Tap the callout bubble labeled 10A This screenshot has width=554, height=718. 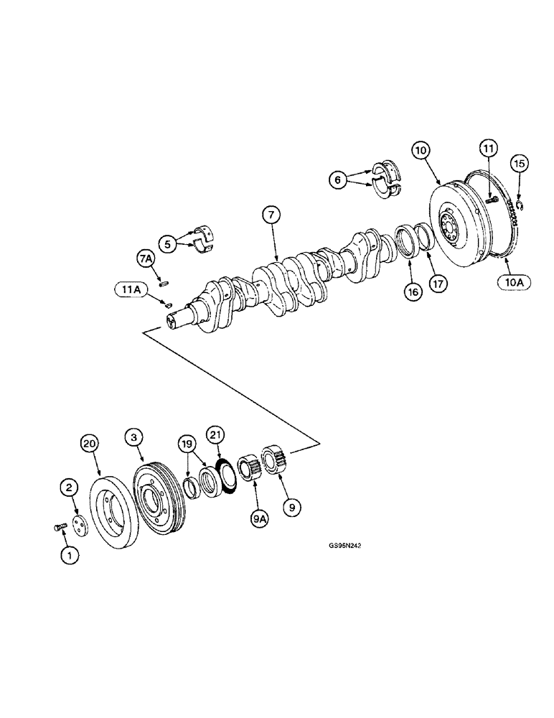click(x=515, y=282)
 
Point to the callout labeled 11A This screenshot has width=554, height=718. click(x=129, y=289)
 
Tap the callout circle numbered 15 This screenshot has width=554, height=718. click(x=520, y=164)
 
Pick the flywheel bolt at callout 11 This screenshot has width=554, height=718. click(x=492, y=200)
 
